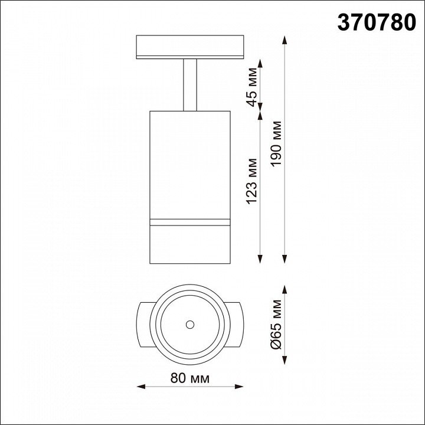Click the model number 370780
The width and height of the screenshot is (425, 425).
point(377,23)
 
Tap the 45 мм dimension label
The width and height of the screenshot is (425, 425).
point(251,87)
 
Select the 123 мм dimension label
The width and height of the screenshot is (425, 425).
point(251,181)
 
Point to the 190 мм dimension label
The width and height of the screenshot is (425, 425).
point(276,143)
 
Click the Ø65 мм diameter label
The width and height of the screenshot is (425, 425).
point(276,325)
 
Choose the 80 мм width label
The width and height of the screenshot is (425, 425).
point(190,378)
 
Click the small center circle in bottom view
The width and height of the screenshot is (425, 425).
point(190,325)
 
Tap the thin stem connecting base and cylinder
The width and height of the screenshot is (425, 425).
point(190,85)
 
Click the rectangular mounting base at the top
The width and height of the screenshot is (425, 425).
point(190,47)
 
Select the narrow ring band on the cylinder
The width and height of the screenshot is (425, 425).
point(190,223)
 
